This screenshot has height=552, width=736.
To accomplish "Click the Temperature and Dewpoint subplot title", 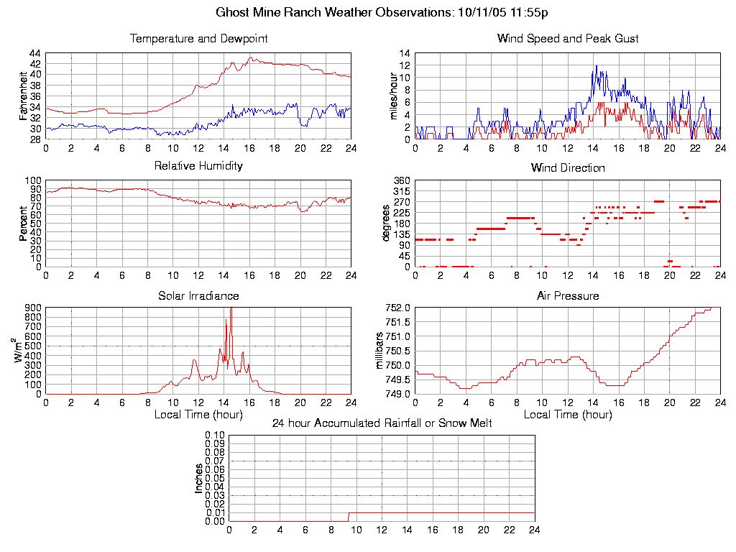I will tap(198, 39).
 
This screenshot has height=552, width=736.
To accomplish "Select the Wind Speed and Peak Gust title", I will tap(568, 39).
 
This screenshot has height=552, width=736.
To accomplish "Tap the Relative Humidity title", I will tap(198, 166).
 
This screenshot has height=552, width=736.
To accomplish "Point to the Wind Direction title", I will tap(568, 168).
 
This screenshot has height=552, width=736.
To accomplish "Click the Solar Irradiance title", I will tap(198, 295).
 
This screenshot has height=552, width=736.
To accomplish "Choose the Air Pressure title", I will tap(568, 295).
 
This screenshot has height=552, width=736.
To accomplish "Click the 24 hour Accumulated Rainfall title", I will tap(382, 423).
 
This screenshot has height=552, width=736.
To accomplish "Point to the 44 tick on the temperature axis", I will tap(34, 54).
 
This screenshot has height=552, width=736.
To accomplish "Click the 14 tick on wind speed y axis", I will tap(404, 54).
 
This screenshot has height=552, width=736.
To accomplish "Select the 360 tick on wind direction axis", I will tap(400, 180).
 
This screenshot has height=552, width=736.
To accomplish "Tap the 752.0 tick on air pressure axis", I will tap(397, 308).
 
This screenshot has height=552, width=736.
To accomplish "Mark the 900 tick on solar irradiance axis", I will tap(32, 308).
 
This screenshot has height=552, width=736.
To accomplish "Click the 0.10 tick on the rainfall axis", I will tap(215, 435).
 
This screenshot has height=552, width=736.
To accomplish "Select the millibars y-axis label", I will tap(380, 350).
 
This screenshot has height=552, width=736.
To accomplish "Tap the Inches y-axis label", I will tap(199, 478).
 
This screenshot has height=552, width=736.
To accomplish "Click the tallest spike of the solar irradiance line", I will tap(231, 309).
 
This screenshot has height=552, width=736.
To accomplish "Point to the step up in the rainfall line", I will tap(349, 516).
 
